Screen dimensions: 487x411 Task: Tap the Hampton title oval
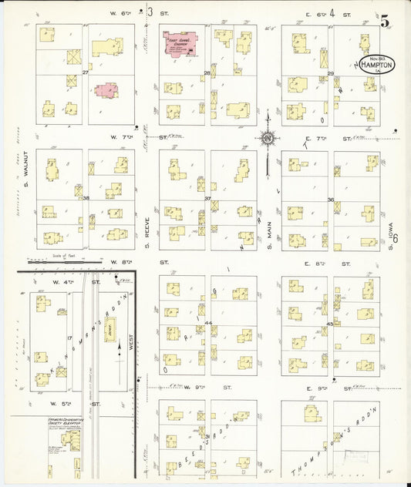pyautogui.click(x=376, y=65)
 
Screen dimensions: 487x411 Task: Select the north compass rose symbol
pyautogui.click(x=268, y=139)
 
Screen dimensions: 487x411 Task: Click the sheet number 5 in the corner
pyautogui.click(x=383, y=21)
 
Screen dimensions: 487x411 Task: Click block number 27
pyautogui.click(x=86, y=72)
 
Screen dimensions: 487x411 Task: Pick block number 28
pyautogui.click(x=207, y=73)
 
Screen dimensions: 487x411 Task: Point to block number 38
pyautogui.click(x=86, y=198)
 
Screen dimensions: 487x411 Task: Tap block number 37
pyautogui.click(x=207, y=199)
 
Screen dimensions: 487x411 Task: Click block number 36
pyautogui.click(x=330, y=200)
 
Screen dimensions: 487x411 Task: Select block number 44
pyautogui.click(x=208, y=323)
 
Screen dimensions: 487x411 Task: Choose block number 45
pyautogui.click(x=330, y=324)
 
